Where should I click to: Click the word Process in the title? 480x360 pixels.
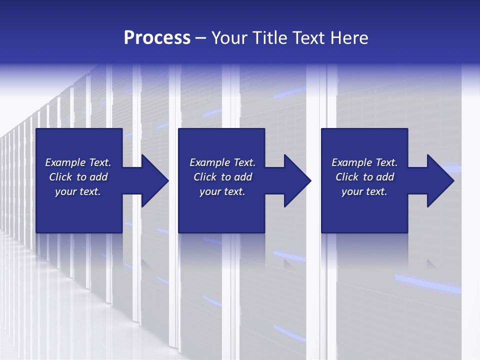(157, 38)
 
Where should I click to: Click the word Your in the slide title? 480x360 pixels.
(230, 38)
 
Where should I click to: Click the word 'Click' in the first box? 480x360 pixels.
(60, 177)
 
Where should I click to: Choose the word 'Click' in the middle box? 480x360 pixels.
(204, 177)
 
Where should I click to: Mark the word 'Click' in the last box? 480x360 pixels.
(346, 177)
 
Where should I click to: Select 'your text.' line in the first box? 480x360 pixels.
(78, 191)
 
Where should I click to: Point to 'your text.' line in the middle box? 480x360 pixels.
(222, 191)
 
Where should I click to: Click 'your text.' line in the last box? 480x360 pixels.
(364, 191)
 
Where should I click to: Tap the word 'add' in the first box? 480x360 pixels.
(98, 177)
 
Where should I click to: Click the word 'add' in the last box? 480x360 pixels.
(385, 177)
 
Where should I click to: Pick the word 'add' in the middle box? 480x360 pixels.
(243, 177)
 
